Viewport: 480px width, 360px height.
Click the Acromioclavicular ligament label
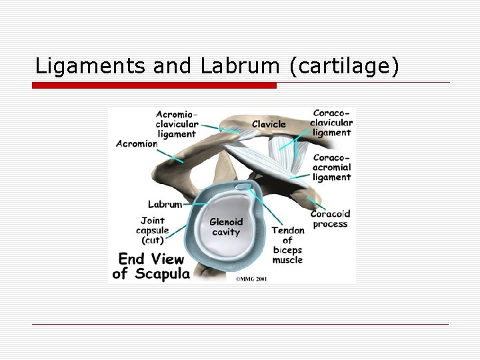pos(176,124)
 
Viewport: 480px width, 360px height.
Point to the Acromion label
pos(137,143)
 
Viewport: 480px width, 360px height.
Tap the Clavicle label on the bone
pos(269,123)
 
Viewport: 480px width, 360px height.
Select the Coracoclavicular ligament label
pos(331,123)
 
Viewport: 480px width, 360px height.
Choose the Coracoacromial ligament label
pos(331,167)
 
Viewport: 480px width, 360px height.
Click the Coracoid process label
pos(330,219)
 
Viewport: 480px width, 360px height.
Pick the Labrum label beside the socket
pos(164,204)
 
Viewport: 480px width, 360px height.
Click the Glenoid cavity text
pos(227,227)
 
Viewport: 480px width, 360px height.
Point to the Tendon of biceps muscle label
pos(287,245)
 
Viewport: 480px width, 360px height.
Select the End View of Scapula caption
pos(151,265)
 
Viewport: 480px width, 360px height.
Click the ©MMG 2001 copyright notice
pos(251,279)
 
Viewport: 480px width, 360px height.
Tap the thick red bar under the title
pos(155,85)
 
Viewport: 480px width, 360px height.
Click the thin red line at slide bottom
pos(240,325)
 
